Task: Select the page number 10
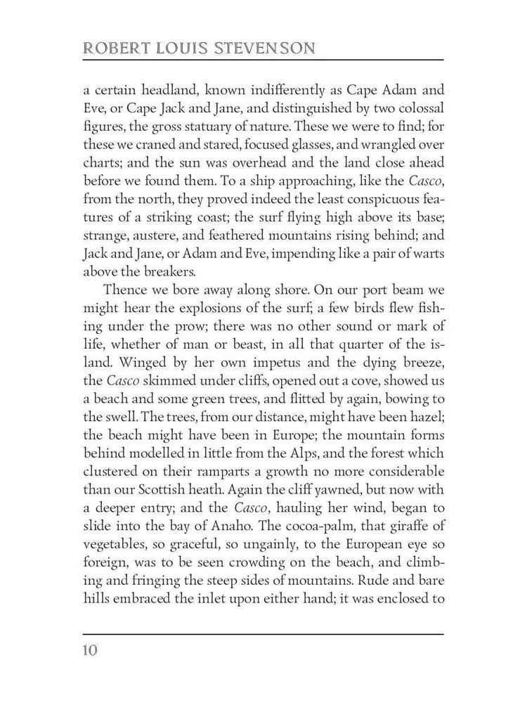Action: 89,649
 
